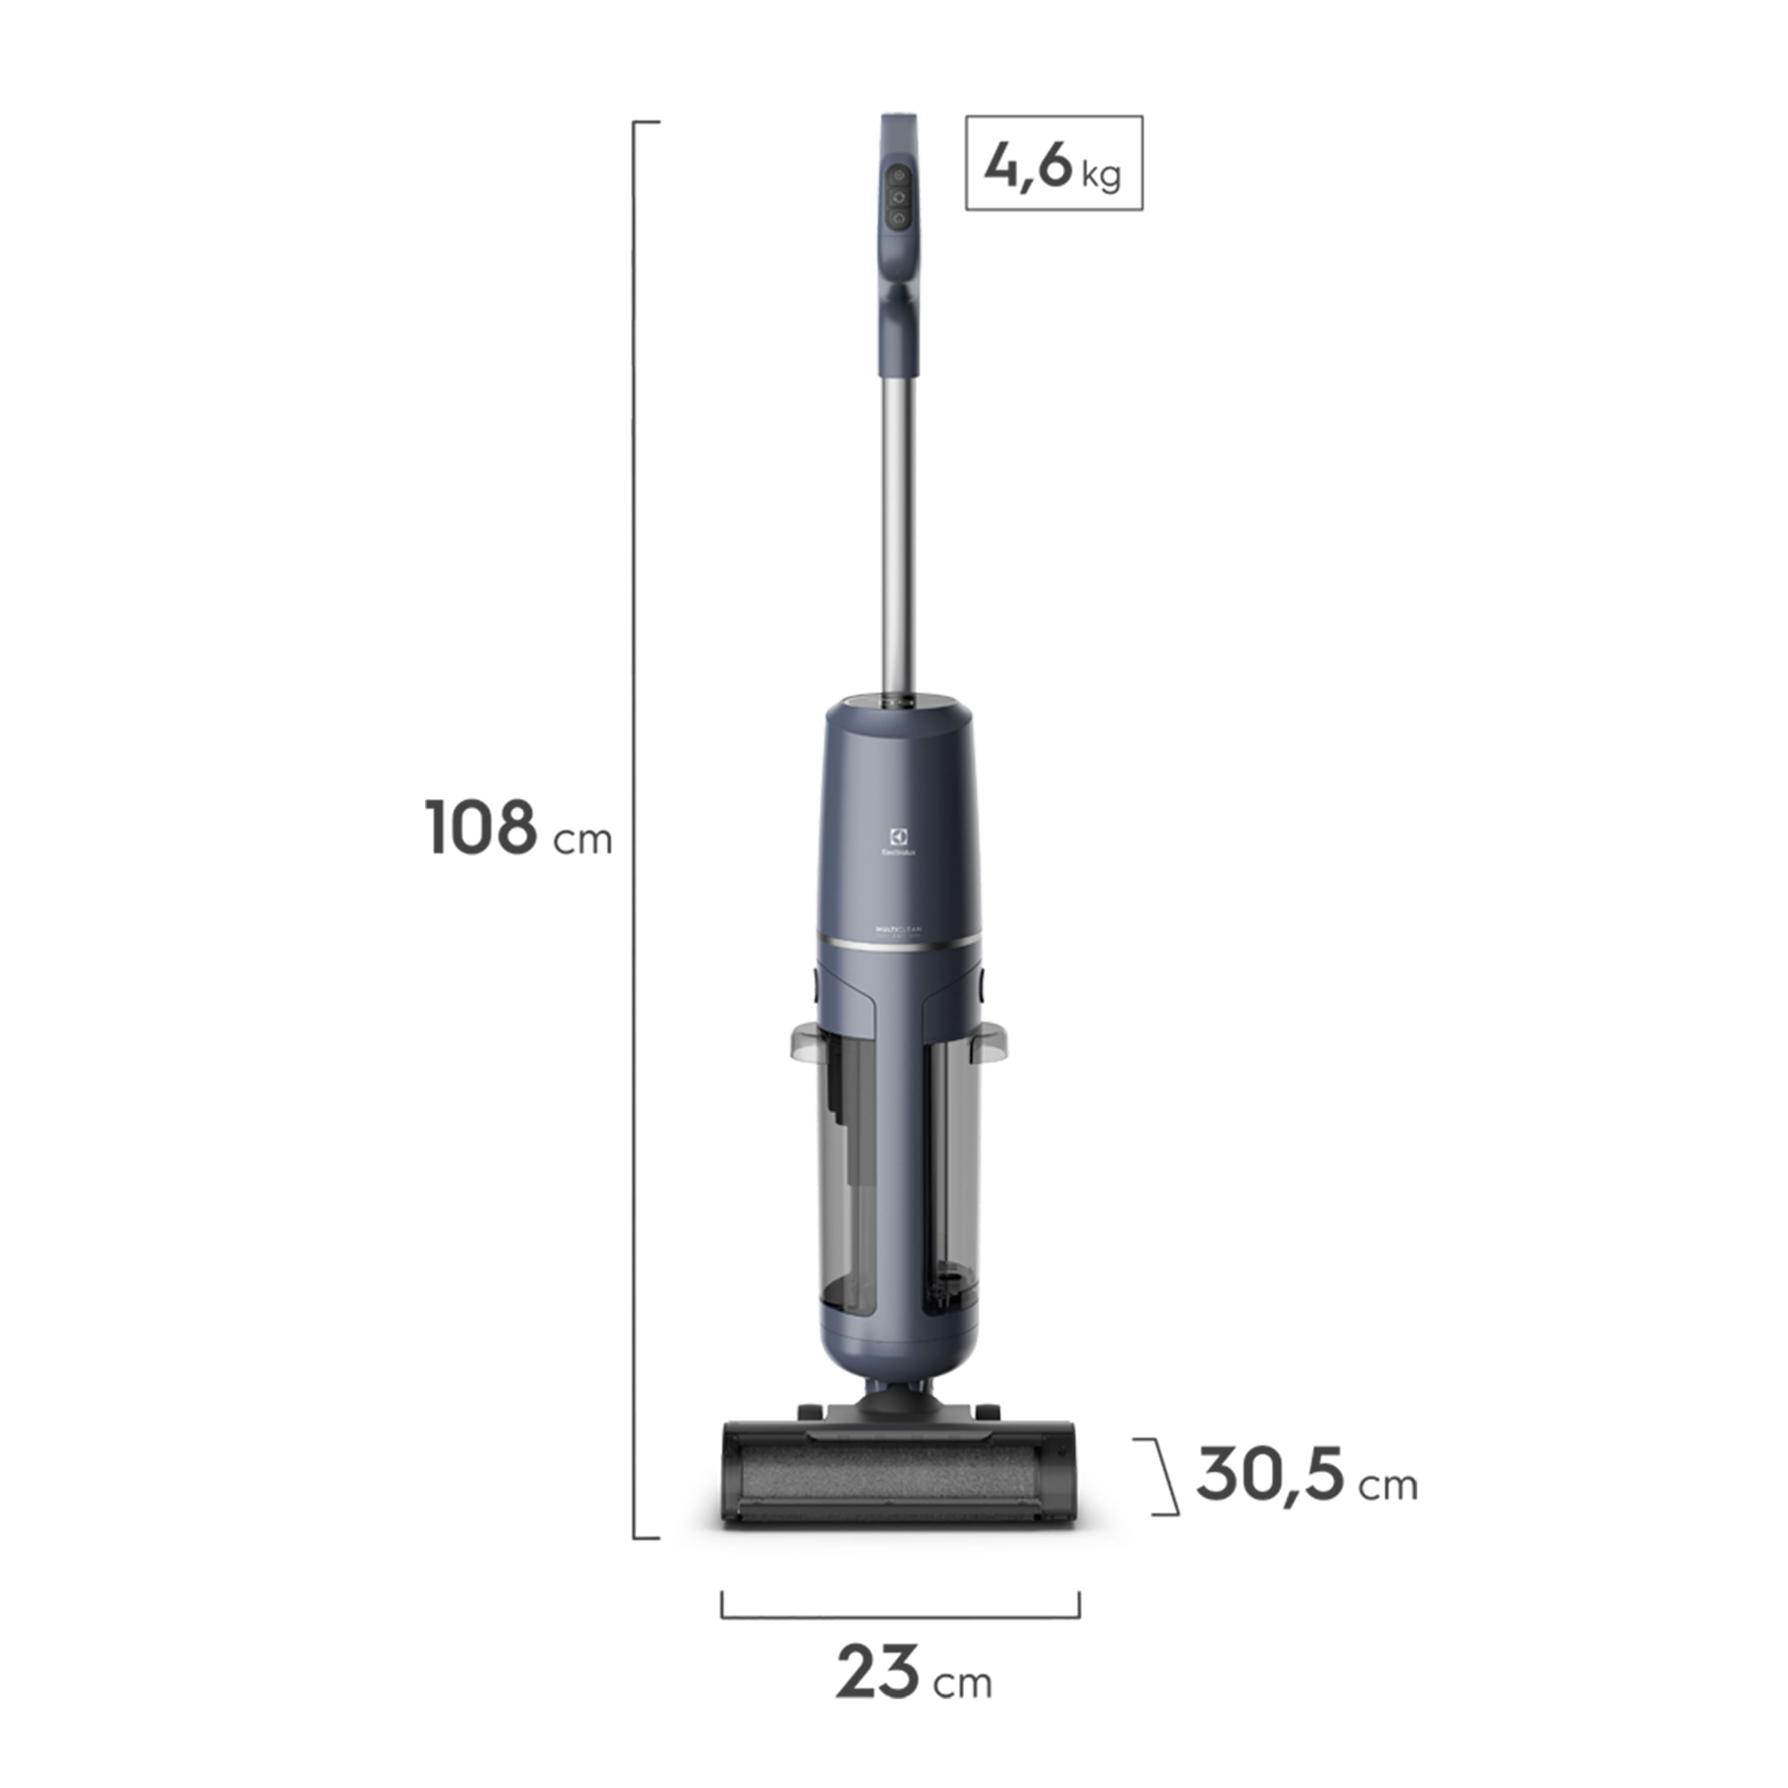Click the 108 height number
pos(480,827)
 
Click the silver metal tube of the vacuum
pos(897,537)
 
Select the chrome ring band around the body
pos(897,945)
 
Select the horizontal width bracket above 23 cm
pos(899,1617)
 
